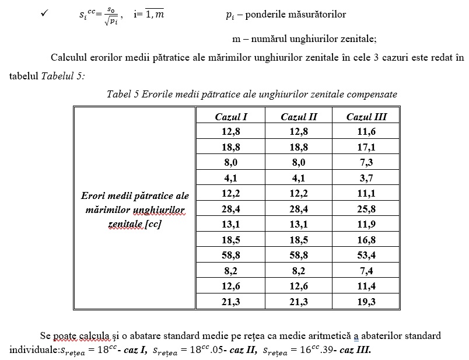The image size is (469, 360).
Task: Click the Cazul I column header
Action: click(x=231, y=117)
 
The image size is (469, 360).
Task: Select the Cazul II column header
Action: click(x=299, y=117)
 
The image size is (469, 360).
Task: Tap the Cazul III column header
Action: click(x=366, y=117)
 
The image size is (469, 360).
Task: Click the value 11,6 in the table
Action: click(x=366, y=132)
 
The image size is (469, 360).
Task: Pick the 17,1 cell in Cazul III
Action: click(x=366, y=147)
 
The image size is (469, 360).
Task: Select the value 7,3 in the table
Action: click(x=366, y=163)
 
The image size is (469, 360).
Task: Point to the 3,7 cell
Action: click(x=366, y=178)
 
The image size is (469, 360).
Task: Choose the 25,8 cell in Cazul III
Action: click(x=366, y=209)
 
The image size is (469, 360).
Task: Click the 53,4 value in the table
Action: click(x=366, y=255)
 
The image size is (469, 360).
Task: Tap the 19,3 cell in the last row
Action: click(x=366, y=302)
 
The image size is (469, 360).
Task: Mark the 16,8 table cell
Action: click(x=366, y=240)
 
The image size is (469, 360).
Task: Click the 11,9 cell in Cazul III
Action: click(x=366, y=224)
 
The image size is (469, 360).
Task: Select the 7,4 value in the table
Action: click(x=366, y=271)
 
